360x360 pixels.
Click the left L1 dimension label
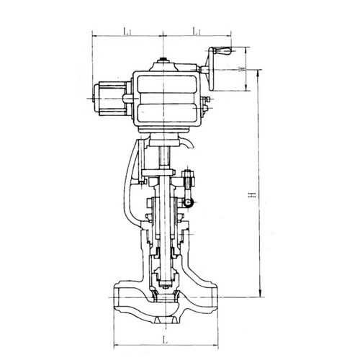(127, 31)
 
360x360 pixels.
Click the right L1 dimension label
(197, 31)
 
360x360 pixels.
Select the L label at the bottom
(165, 340)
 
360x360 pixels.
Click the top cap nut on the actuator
(163, 59)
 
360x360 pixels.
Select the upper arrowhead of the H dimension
(259, 73)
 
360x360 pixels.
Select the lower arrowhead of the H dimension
(259, 294)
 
